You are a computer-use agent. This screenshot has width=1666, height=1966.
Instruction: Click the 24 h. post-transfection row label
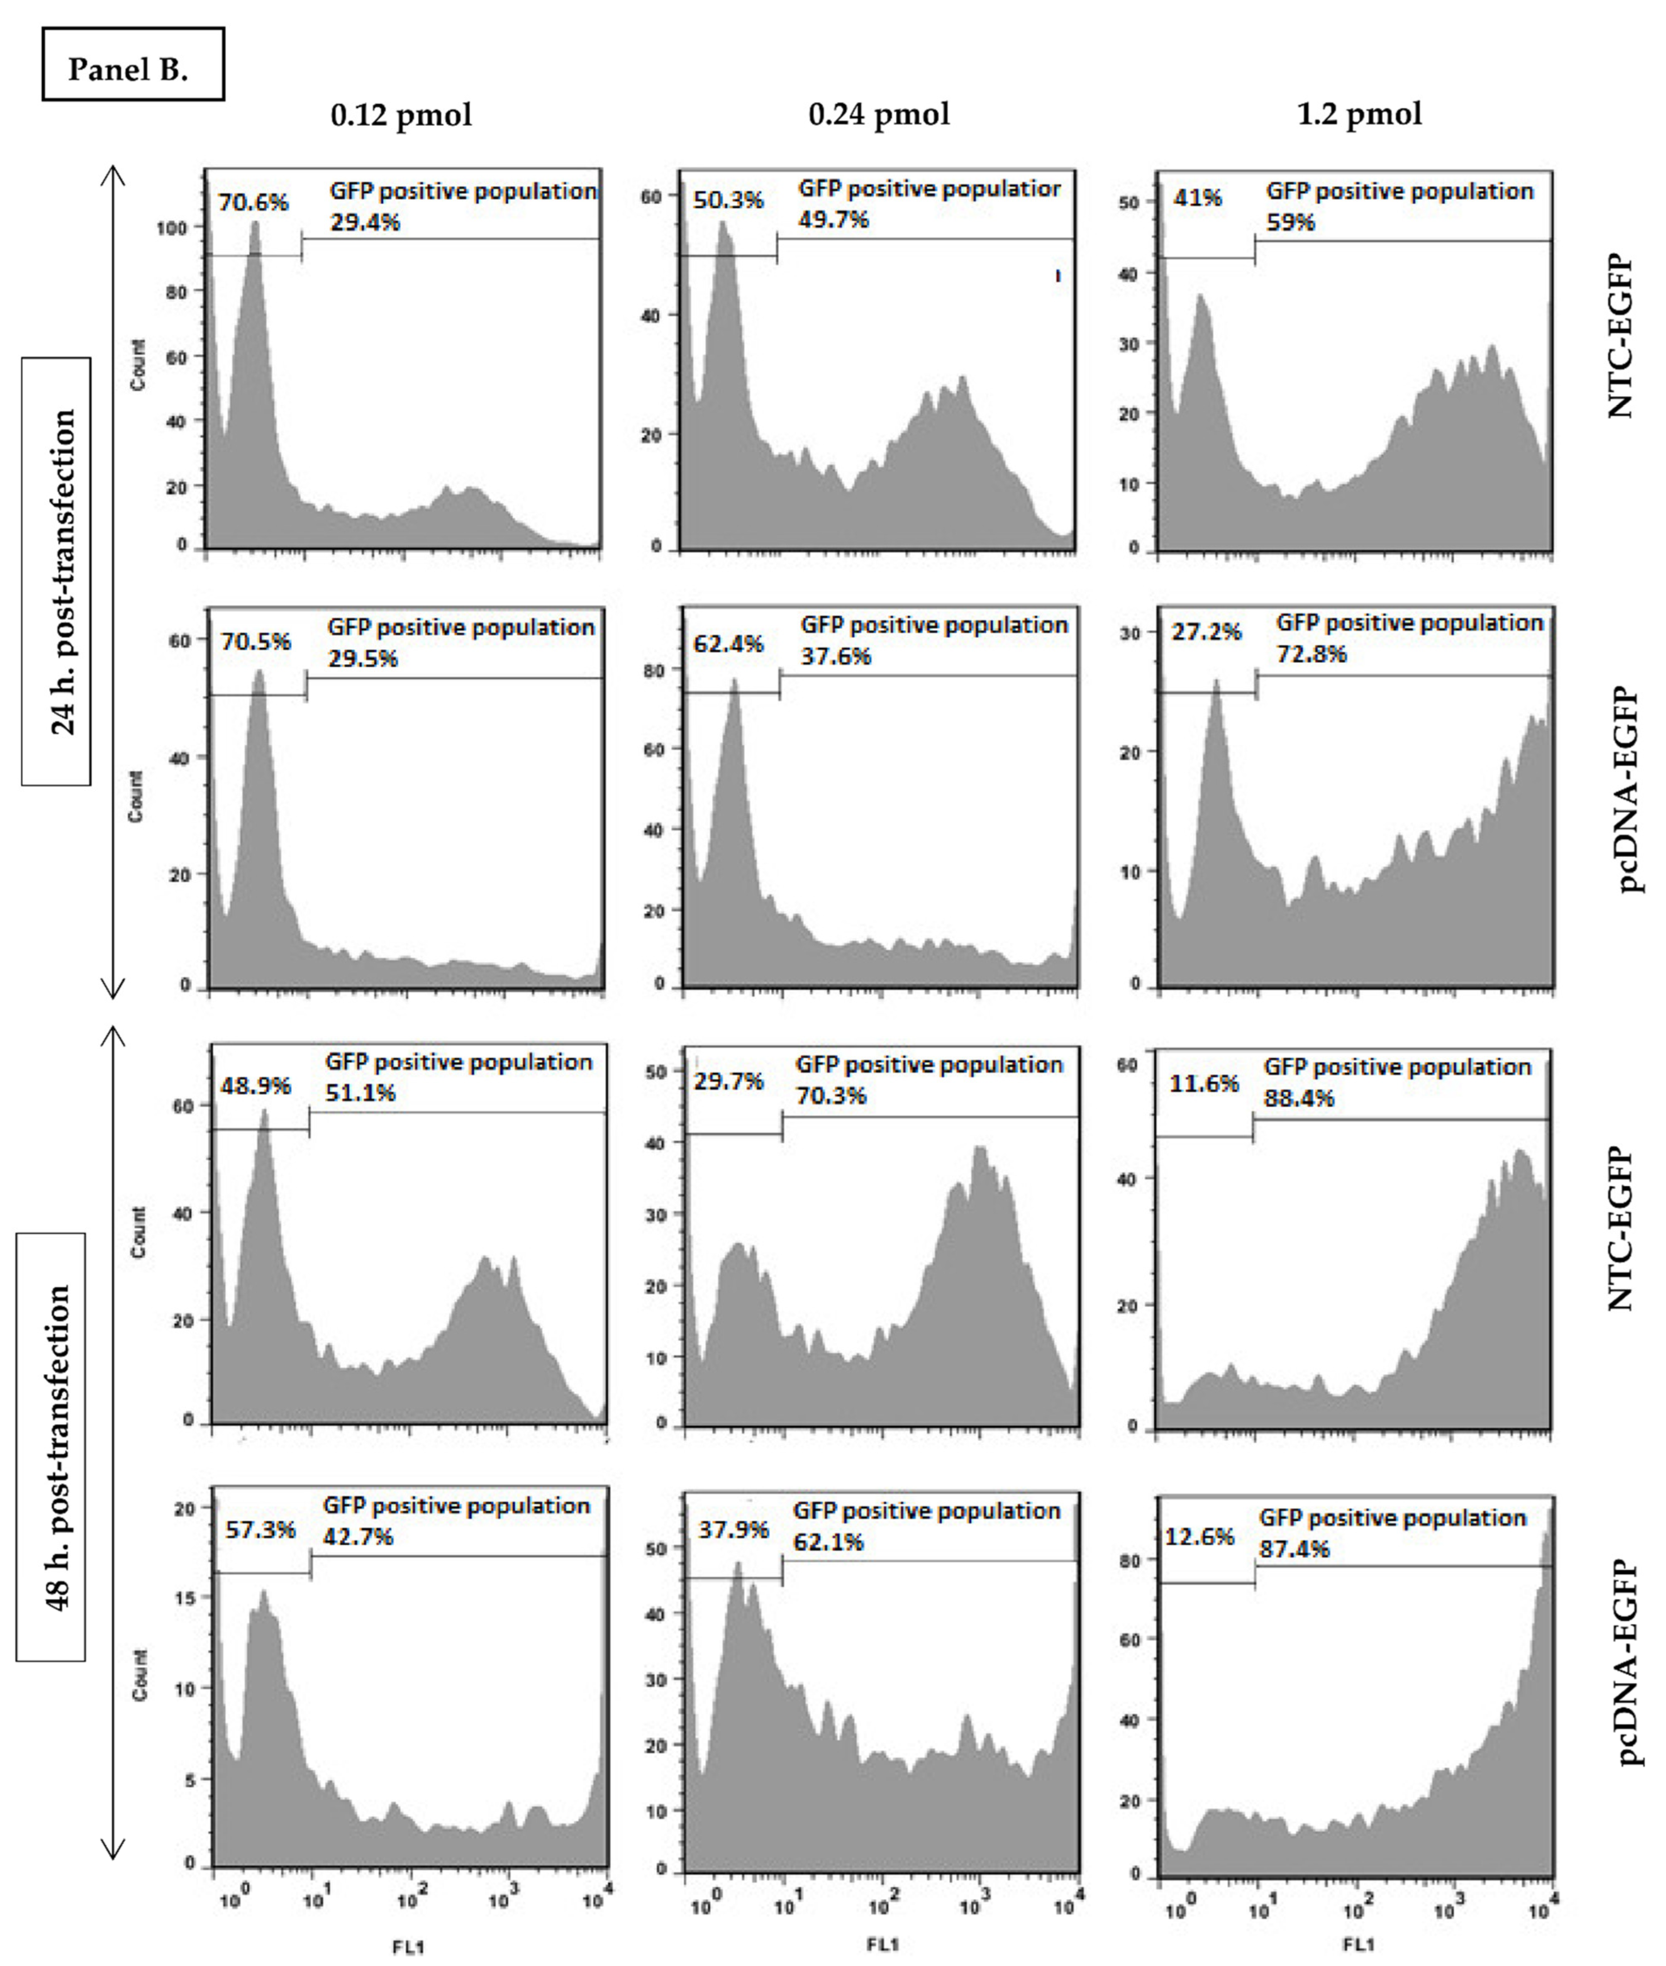click(x=57, y=572)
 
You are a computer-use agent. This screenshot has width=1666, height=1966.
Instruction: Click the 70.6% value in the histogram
click(x=253, y=202)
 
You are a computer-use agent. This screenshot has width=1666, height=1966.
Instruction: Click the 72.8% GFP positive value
click(x=1311, y=654)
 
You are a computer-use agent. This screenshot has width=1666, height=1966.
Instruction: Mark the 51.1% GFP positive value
click(x=360, y=1093)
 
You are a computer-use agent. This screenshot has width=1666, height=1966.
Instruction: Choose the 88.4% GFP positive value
click(x=1299, y=1098)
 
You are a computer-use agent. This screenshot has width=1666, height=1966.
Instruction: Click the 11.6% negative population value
click(x=1203, y=1084)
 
